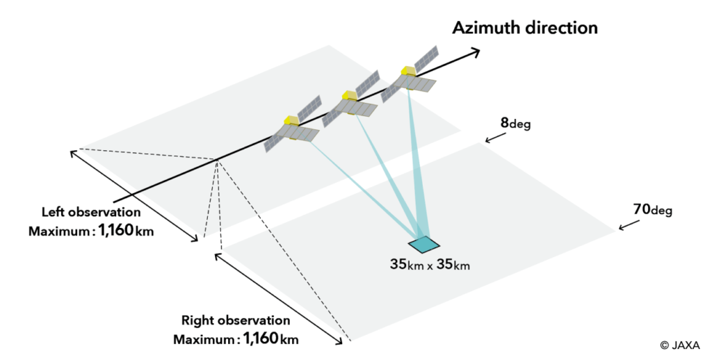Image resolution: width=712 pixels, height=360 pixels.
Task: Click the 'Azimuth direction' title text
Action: coord(525,28)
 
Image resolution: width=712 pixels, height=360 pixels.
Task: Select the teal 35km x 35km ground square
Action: coord(424,244)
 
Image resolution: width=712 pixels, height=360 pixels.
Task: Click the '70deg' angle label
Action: coord(653,209)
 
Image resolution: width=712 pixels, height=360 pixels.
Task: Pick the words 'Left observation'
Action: coord(91,212)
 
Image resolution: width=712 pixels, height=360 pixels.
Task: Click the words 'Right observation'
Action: coord(236,320)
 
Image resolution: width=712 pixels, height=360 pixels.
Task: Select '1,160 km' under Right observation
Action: coord(270,339)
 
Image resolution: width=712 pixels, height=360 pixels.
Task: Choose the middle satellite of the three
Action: coord(355,97)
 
